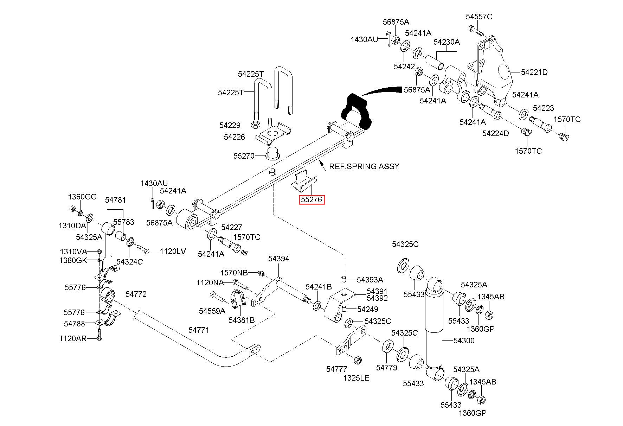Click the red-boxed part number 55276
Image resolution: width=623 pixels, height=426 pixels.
pos(311,200)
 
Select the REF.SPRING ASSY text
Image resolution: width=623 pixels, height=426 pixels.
pos(364,166)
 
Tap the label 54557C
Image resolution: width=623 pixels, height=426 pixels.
pos(479,17)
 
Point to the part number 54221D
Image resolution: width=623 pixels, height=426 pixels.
pos(534,72)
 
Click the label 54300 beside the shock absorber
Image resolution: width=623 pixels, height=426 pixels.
pos(464,341)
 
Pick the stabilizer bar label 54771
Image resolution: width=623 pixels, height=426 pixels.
pos(199,330)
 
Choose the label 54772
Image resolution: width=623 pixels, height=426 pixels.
pos(136,294)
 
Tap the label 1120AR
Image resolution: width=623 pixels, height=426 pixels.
pos(73,338)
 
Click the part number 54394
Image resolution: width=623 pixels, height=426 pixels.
pos(278,259)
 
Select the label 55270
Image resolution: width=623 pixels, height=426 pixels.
pos(244,155)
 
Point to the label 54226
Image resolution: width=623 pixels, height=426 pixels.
pos(234,137)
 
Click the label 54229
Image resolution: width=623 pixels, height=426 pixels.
pos(230,125)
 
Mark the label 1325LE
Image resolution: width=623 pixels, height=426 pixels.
pos(356,378)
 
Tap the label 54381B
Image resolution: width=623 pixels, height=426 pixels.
pos(242,320)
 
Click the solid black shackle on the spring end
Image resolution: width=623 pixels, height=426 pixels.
pos(356,110)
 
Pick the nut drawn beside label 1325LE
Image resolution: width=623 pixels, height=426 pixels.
pos(357,360)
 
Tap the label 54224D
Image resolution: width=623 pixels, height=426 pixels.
pos(496,133)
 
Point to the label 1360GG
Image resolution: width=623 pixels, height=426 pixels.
pos(82,197)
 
